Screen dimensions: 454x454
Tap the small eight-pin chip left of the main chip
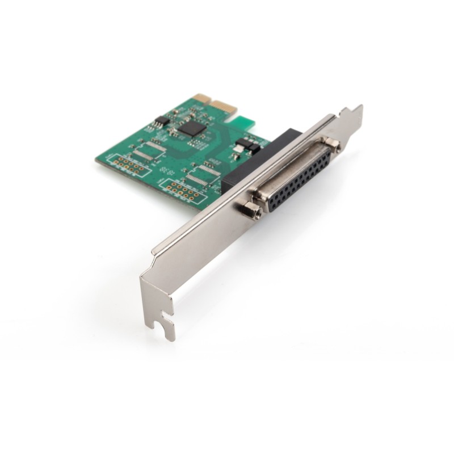[162, 120]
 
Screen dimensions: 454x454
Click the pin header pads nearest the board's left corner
[126, 165]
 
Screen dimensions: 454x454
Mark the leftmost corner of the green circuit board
[96, 161]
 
